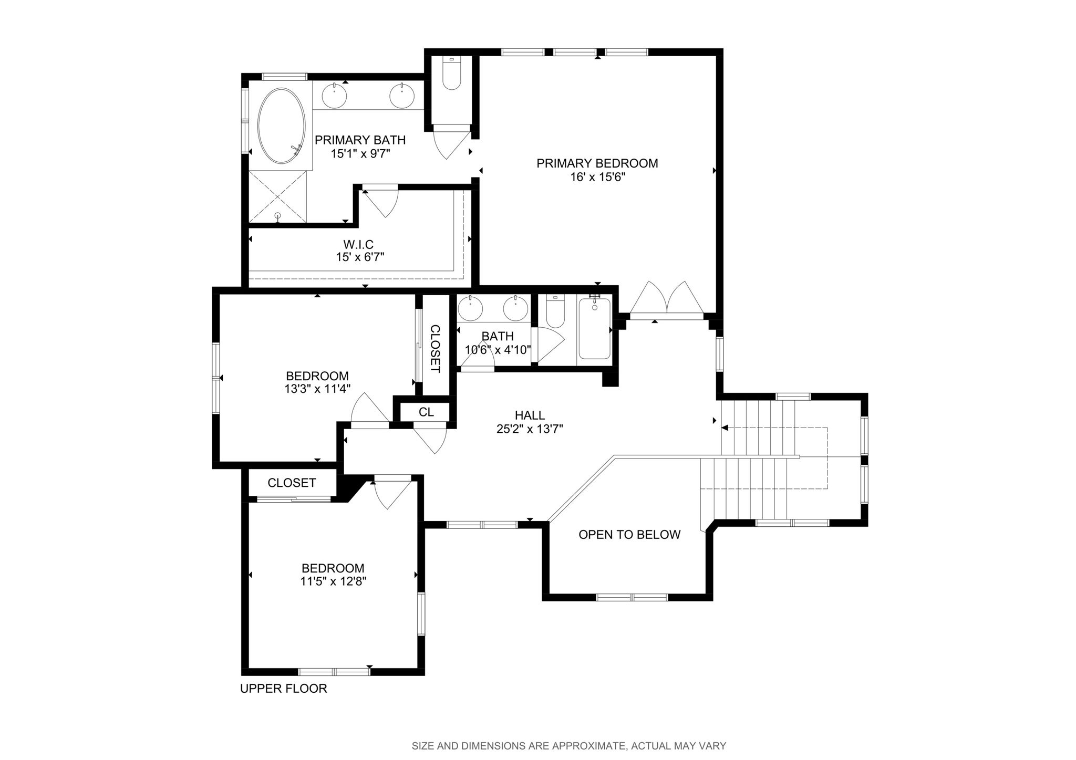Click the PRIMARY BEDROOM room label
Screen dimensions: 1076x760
point(597,163)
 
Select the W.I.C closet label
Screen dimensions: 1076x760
point(358,244)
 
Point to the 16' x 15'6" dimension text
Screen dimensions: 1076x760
point(597,177)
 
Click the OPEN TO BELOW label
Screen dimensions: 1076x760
point(629,535)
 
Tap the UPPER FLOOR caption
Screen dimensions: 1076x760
point(284,689)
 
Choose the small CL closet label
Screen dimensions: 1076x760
point(426,412)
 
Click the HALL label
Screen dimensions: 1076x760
point(530,415)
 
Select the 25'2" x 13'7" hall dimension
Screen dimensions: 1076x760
point(530,429)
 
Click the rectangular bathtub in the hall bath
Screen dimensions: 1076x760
point(594,328)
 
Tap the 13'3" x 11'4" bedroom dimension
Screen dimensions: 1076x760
point(317,389)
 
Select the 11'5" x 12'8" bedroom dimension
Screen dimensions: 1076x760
point(333,581)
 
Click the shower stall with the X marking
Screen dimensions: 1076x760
point(277,197)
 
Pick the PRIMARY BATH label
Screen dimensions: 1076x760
point(360,140)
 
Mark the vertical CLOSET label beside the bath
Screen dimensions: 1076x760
point(435,349)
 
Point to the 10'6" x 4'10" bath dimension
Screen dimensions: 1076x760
point(498,350)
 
